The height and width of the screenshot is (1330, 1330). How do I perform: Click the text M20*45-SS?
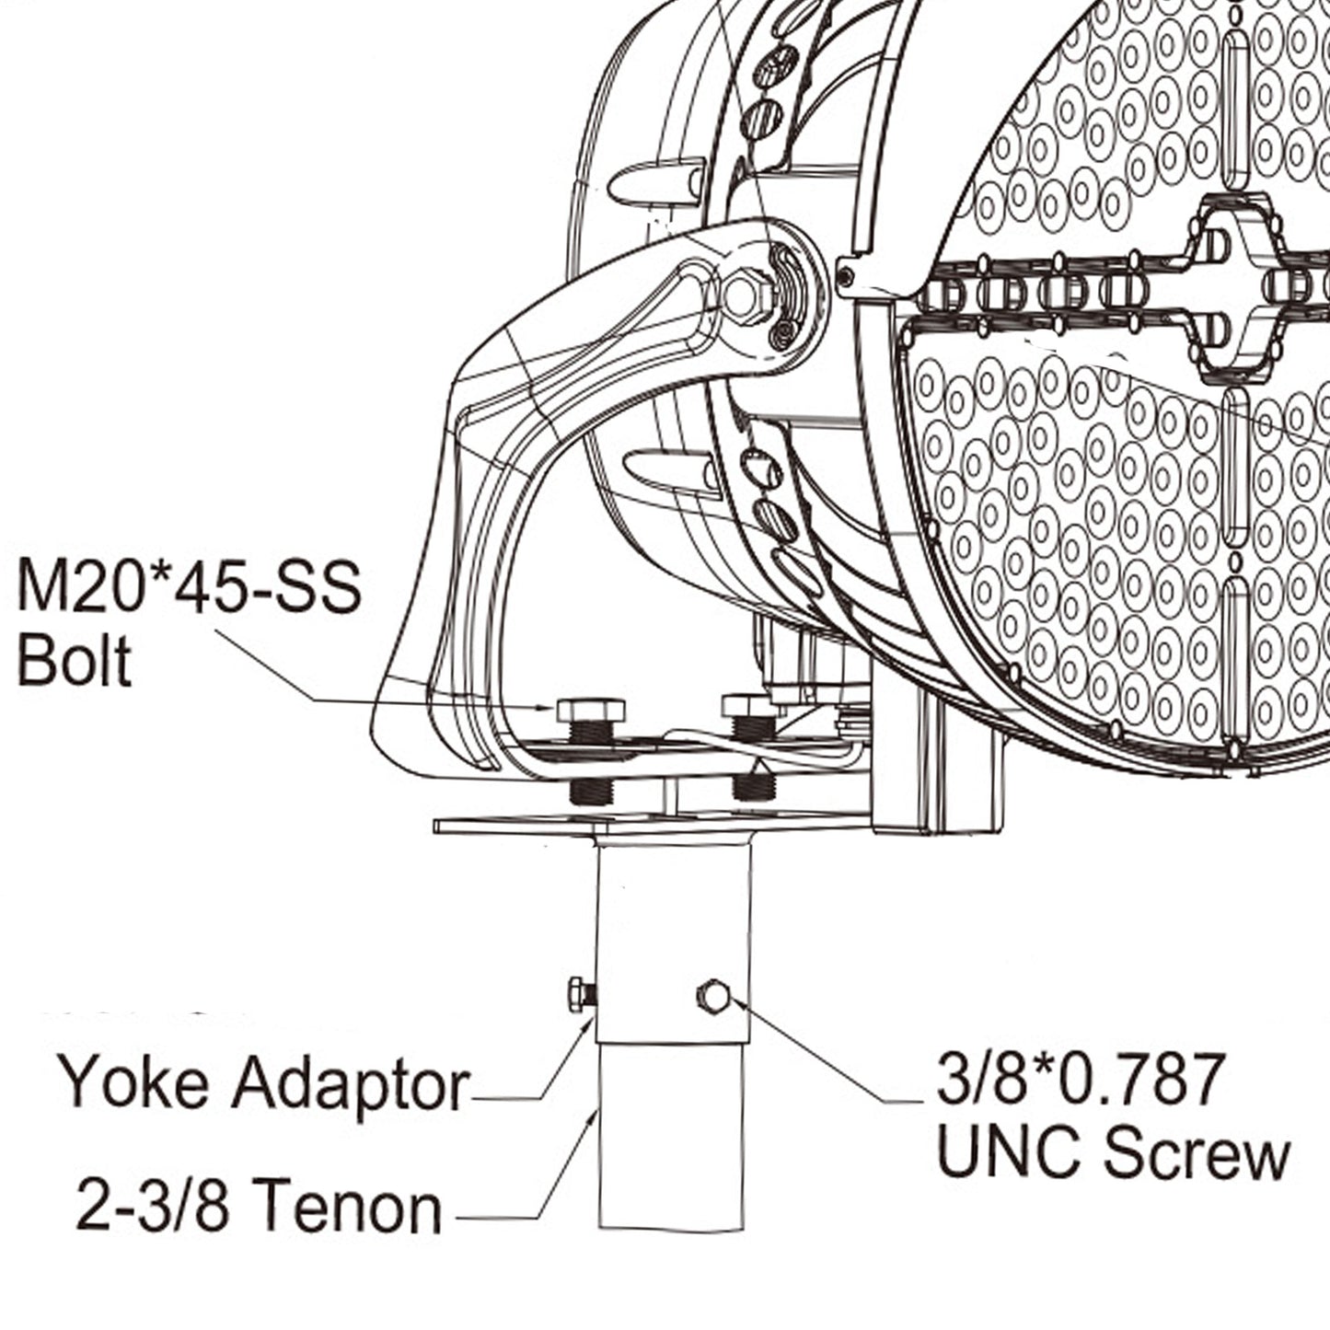(189, 590)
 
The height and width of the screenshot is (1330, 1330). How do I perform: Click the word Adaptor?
(350, 1086)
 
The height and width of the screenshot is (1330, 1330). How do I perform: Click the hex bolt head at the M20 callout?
(591, 710)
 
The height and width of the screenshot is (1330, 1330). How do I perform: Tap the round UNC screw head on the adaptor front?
(714, 997)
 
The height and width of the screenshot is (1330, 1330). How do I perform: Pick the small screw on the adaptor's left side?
(582, 995)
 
